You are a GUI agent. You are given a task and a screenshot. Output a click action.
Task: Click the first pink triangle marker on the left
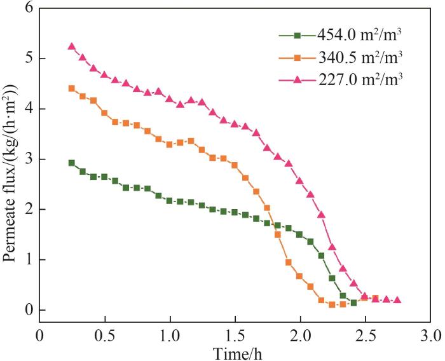pos(71,46)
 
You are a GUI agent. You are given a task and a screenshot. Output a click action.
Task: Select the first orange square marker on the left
pos(71,88)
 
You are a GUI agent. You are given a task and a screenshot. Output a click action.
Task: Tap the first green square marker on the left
pos(71,163)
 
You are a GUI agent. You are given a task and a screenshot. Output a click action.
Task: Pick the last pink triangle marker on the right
pos(397,300)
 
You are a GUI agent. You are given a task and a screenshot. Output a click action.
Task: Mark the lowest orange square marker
pos(332,305)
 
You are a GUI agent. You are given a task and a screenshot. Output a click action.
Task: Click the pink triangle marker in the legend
pos(297,79)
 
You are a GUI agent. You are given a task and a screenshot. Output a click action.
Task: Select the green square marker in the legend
pos(297,34)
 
